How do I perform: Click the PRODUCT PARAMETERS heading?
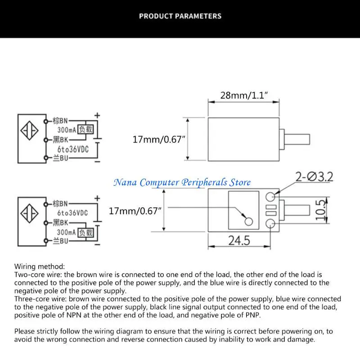[180, 16]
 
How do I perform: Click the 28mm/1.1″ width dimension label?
[244, 95]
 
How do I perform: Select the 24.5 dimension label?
[238, 241]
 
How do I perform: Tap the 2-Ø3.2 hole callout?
[314, 176]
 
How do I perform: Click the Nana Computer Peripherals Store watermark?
[182, 182]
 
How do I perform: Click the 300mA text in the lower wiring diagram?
[66, 232]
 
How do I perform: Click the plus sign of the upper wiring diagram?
[97, 116]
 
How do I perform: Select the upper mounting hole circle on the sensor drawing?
[270, 196]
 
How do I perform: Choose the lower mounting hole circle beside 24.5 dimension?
[270, 224]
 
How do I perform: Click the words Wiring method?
[40, 266]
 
